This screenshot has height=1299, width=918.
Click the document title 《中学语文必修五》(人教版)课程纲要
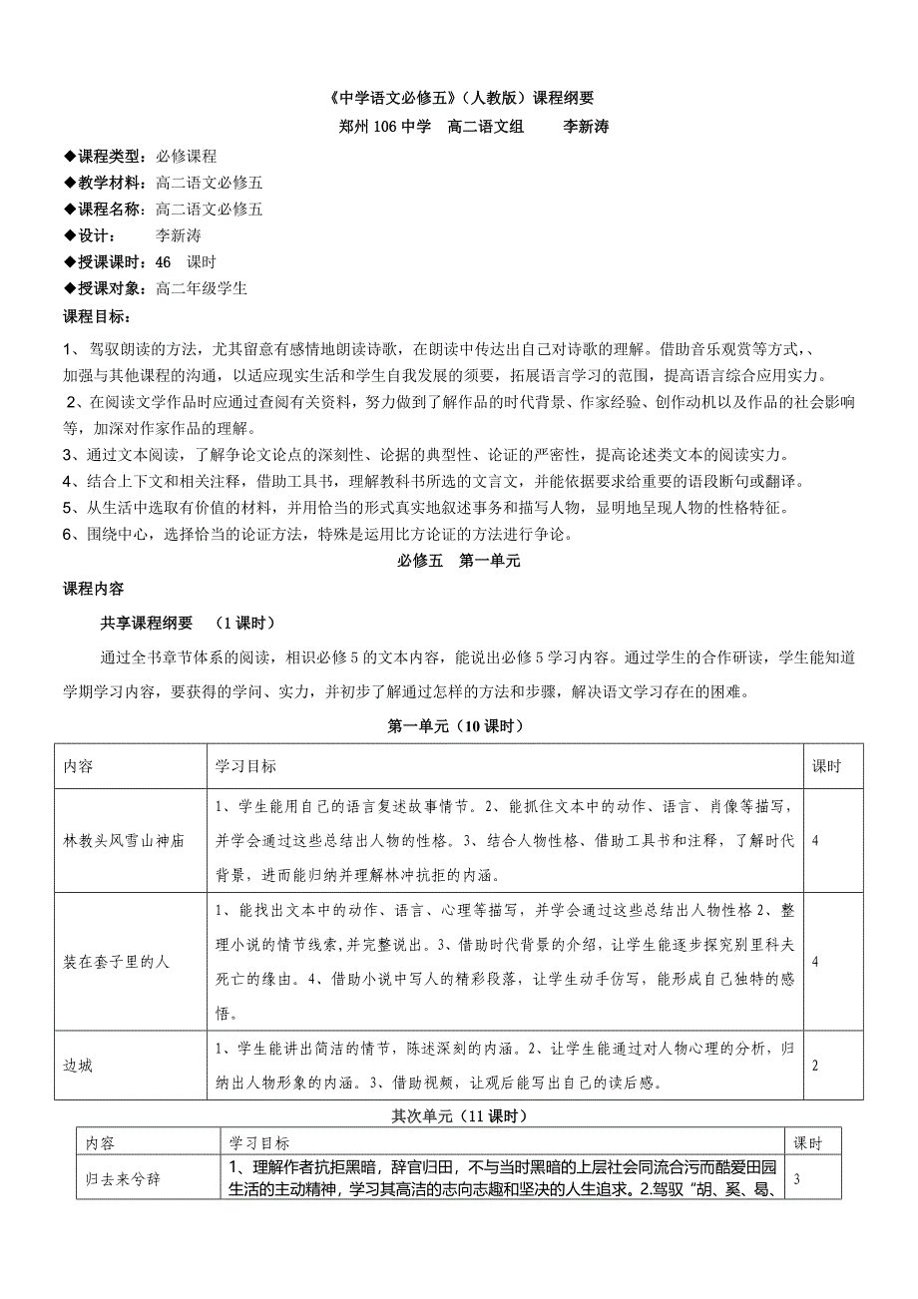pos(459,98)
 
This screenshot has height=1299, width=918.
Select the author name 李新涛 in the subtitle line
pos(587,127)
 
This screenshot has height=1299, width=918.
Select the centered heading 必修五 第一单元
pos(459,561)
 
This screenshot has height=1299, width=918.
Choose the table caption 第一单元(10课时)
pos(459,725)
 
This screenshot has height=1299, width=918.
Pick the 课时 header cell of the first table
pos(826,766)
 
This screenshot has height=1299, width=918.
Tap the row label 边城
pos(79,1066)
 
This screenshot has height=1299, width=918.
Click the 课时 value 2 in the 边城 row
pos(815,1066)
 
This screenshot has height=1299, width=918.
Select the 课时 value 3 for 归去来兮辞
pos(796,1178)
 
